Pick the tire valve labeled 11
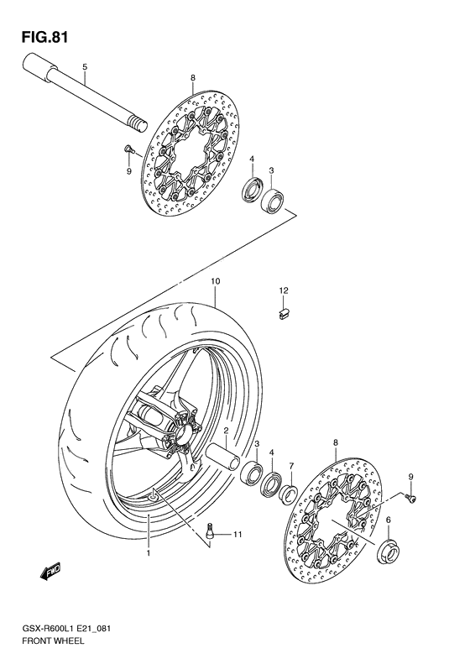click(211, 531)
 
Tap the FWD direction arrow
click(48, 574)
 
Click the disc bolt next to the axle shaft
click(128, 149)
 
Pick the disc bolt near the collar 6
click(411, 499)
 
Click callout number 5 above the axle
click(84, 66)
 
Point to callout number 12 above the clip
click(284, 290)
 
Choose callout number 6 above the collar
click(388, 520)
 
